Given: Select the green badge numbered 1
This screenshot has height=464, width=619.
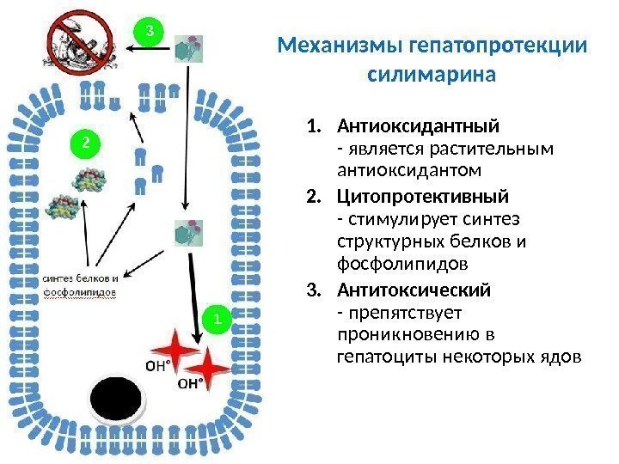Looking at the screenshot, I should click(218, 320).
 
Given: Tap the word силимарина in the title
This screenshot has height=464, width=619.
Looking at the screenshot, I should click(432, 74).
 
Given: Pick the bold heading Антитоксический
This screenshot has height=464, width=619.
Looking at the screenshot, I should click(414, 290).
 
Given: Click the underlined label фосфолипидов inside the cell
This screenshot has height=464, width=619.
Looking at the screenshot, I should click(79, 292).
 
